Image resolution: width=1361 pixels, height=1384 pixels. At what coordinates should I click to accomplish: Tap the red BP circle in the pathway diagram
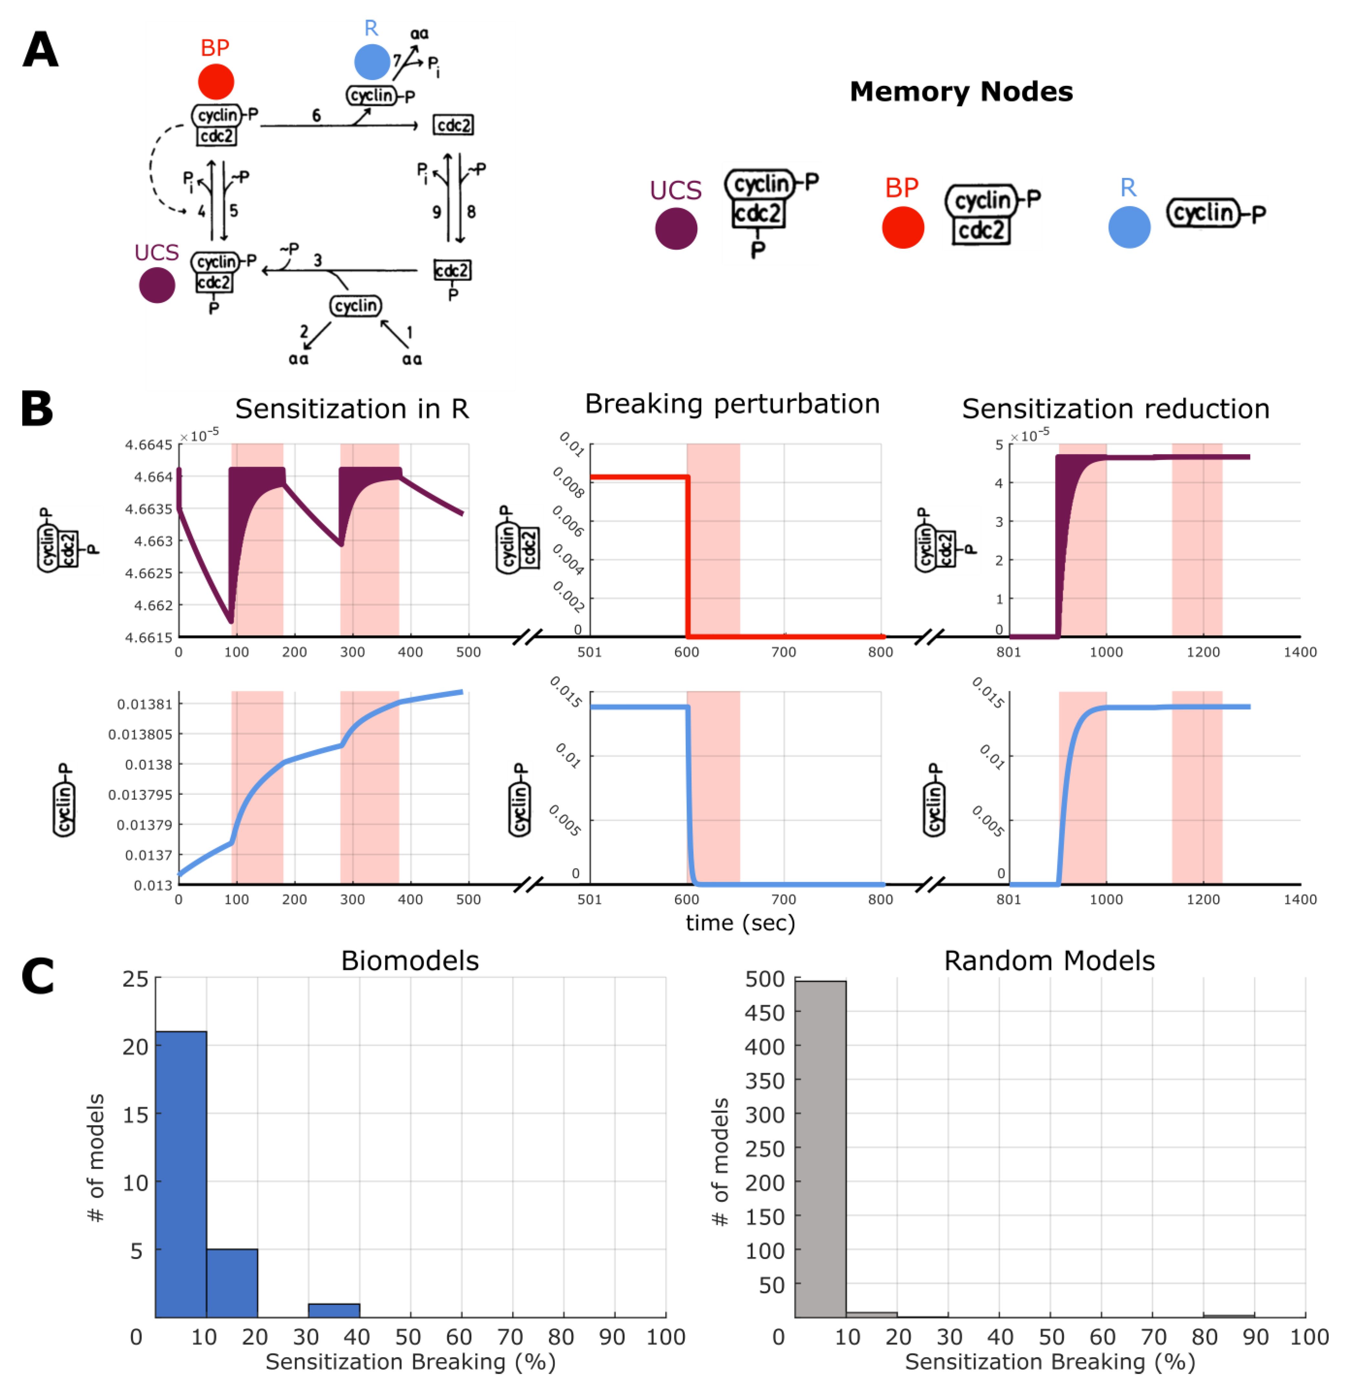tap(216, 81)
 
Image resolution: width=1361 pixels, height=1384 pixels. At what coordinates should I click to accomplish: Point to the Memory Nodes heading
tap(961, 91)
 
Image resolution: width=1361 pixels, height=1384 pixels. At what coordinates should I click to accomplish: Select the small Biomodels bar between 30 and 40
tap(334, 1310)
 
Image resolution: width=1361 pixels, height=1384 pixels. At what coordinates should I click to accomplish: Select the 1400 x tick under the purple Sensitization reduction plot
tap(1300, 652)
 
